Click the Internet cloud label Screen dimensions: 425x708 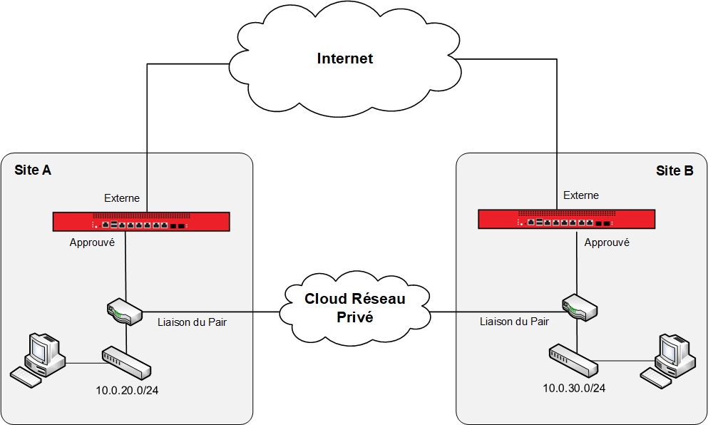click(x=345, y=58)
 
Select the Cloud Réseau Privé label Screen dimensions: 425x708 click(x=354, y=307)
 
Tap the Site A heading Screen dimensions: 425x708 click(x=33, y=170)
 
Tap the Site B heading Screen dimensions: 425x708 click(x=674, y=170)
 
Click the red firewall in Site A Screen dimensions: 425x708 click(x=141, y=222)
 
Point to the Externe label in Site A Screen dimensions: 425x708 click(x=122, y=198)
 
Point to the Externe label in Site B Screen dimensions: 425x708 click(x=581, y=195)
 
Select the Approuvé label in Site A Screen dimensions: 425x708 click(x=92, y=242)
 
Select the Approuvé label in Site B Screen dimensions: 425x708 click(x=607, y=242)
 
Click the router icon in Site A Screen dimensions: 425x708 click(x=120, y=312)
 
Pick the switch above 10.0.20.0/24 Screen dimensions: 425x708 click(x=126, y=363)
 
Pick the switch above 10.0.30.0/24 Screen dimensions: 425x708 click(x=573, y=360)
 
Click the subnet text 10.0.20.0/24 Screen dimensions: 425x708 click(x=127, y=390)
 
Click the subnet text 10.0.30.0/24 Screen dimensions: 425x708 click(x=574, y=389)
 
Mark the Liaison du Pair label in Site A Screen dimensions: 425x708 click(x=192, y=322)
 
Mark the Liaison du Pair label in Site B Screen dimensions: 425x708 click(x=514, y=322)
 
